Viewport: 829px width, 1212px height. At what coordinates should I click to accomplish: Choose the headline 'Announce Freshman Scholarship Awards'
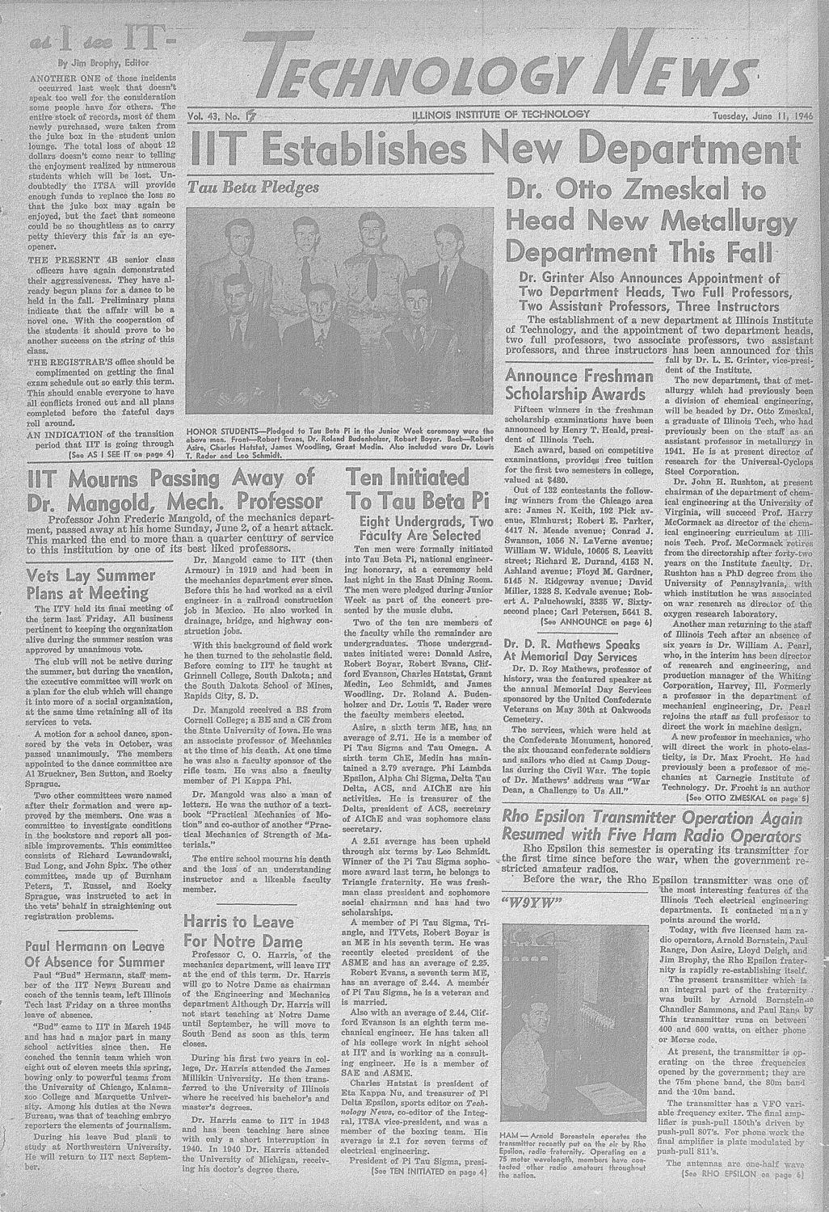[579, 385]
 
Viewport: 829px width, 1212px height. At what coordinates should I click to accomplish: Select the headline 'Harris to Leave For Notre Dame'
[243, 932]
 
